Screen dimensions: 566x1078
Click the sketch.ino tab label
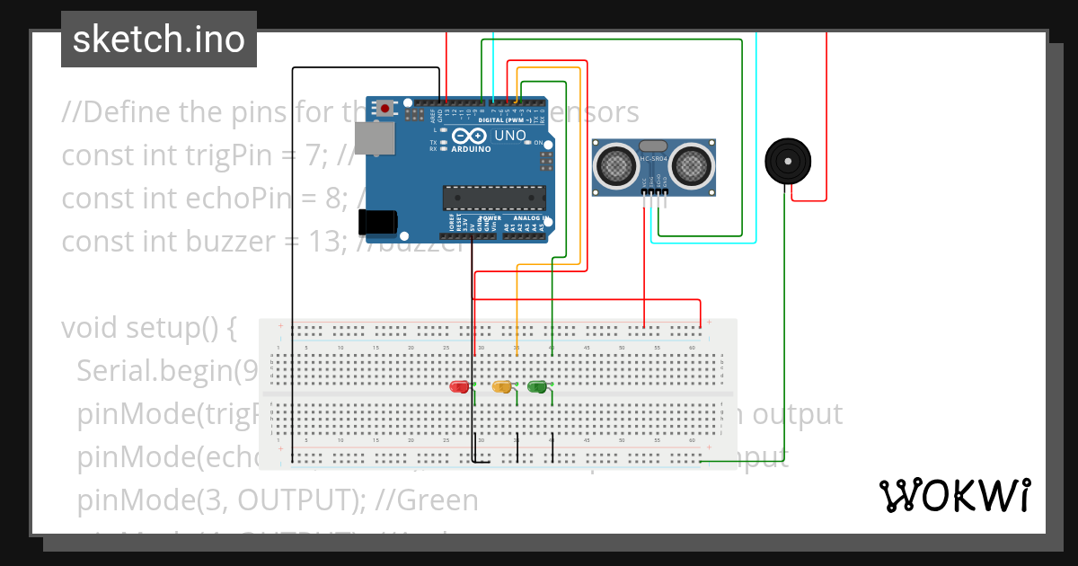click(159, 40)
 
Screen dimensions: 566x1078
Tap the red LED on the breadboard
click(459, 386)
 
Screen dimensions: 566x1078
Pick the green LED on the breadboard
click(537, 386)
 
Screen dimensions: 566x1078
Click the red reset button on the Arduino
click(385, 108)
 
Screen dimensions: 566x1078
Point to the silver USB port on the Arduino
click(374, 138)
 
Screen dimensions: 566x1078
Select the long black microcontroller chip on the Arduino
click(494, 198)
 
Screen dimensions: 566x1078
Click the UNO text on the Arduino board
click(510, 136)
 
